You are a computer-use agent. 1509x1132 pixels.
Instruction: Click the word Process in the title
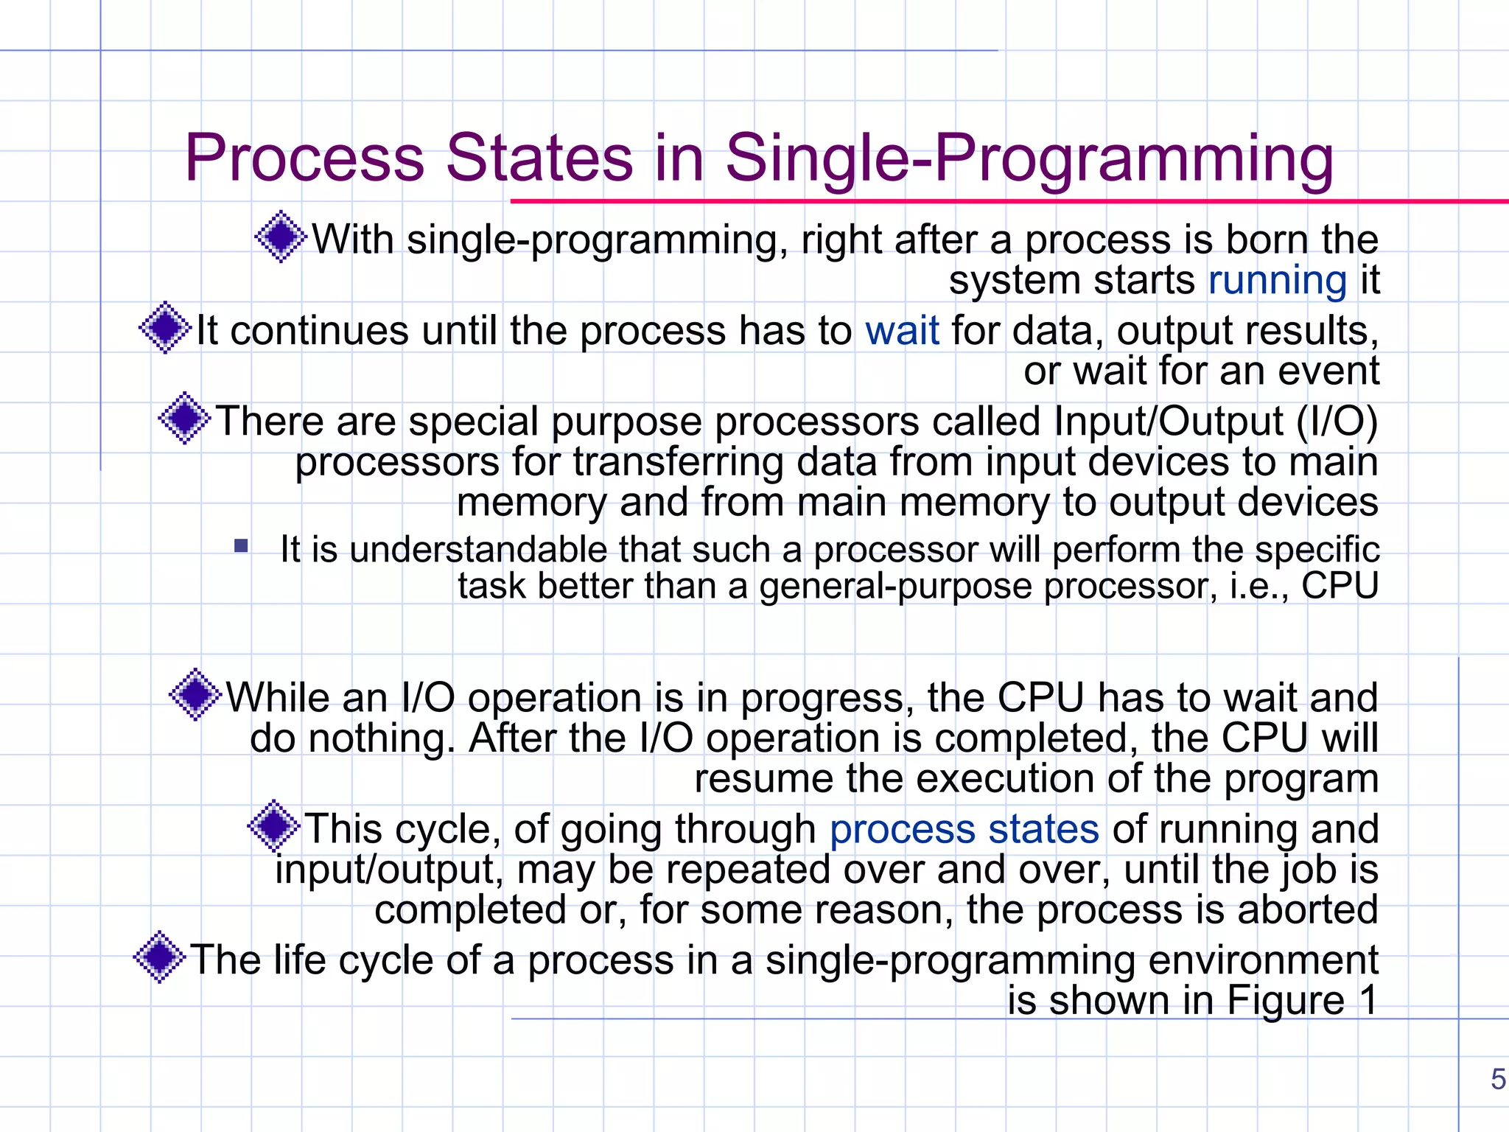click(x=304, y=158)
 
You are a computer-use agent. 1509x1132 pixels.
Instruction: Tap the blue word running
click(x=1277, y=281)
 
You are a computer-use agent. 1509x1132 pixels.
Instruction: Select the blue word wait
click(x=902, y=331)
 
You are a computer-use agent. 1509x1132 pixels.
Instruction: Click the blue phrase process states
click(x=964, y=829)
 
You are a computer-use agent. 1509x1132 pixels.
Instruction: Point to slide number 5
click(x=1497, y=1080)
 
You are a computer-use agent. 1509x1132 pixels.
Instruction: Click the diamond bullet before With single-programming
click(x=281, y=237)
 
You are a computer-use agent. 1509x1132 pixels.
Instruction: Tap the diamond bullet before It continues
click(x=165, y=328)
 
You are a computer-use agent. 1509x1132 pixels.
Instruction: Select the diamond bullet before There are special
click(x=184, y=419)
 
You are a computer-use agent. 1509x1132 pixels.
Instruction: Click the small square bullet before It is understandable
click(x=241, y=546)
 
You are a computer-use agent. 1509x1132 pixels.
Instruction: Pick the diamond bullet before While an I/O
click(x=195, y=694)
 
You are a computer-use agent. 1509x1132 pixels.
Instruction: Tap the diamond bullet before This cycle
click(x=274, y=826)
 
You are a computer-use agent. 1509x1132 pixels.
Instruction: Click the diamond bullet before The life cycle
click(x=160, y=957)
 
